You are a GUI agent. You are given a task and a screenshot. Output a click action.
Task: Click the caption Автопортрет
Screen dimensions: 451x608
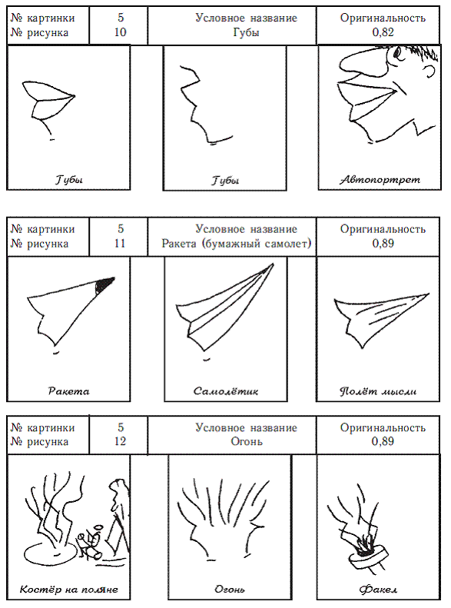(380, 180)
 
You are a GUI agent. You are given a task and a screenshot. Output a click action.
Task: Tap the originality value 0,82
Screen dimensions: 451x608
(383, 32)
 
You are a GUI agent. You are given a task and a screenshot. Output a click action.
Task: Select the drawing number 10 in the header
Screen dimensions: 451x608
(120, 32)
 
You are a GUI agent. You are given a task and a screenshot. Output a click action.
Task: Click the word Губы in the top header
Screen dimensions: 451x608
(246, 32)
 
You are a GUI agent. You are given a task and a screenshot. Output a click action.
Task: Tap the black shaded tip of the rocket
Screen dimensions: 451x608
(104, 284)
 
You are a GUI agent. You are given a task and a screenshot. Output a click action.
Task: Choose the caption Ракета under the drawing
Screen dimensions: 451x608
(68, 390)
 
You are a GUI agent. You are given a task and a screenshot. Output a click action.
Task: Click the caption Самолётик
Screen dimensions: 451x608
(226, 390)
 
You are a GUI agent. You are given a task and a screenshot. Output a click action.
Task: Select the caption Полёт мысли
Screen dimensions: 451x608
(378, 390)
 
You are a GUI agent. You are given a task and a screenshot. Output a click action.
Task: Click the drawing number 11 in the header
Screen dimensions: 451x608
(120, 243)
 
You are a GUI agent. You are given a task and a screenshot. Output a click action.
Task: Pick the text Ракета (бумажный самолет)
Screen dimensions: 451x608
(237, 244)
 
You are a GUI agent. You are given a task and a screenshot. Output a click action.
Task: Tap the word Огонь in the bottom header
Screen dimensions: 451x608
(247, 441)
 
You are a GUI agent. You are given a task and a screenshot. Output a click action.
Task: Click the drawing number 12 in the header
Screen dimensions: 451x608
(120, 441)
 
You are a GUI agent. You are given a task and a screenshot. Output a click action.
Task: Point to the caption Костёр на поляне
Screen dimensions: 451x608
(68, 590)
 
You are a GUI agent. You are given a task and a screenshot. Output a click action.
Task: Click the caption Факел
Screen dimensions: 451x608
(378, 590)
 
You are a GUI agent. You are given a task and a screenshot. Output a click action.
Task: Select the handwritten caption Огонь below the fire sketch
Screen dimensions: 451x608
(230, 590)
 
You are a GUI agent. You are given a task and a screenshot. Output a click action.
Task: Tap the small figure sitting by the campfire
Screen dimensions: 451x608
(91, 542)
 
